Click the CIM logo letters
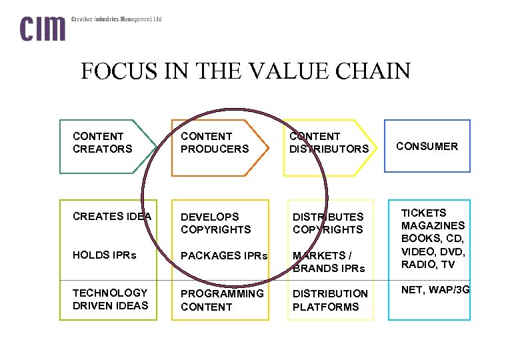click(43, 29)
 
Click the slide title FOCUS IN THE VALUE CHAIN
click(245, 71)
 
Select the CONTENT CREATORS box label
click(103, 143)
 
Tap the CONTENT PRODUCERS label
click(214, 143)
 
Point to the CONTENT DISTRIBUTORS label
click(329, 143)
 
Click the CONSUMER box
click(427, 146)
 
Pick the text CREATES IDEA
click(112, 216)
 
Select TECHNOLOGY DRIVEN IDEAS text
click(110, 299)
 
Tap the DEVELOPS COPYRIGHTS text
click(215, 223)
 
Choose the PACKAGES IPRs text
click(224, 256)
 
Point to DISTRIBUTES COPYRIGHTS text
click(327, 223)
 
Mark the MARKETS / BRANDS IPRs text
click(329, 262)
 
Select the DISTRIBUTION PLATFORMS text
click(329, 300)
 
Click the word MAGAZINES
click(433, 226)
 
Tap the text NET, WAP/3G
click(435, 290)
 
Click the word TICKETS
click(423, 213)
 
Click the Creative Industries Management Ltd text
click(117, 19)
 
